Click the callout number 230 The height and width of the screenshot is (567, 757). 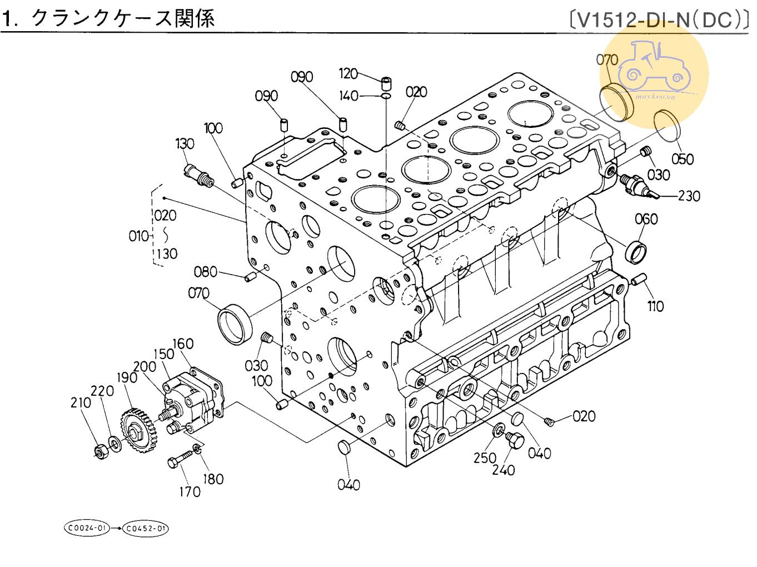[x=689, y=196]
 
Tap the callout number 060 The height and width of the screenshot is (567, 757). [x=646, y=219]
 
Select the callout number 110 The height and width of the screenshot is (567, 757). [x=656, y=306]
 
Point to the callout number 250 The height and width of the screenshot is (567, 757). [x=485, y=457]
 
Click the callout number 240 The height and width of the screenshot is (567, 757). [x=504, y=470]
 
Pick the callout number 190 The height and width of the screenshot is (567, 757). [x=127, y=378]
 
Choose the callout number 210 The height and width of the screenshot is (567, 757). [x=81, y=402]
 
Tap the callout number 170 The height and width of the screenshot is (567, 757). [x=190, y=491]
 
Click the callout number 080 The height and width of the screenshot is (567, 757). [x=205, y=272]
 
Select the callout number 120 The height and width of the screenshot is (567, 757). [x=348, y=73]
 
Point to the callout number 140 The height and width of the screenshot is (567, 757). [x=348, y=96]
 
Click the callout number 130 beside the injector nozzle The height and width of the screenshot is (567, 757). [x=185, y=143]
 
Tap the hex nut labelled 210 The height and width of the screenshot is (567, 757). [x=101, y=451]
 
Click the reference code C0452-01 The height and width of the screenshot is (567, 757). [x=146, y=528]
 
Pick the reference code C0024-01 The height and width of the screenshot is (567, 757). [x=87, y=528]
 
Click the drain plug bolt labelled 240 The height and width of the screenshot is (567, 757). [x=515, y=442]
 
